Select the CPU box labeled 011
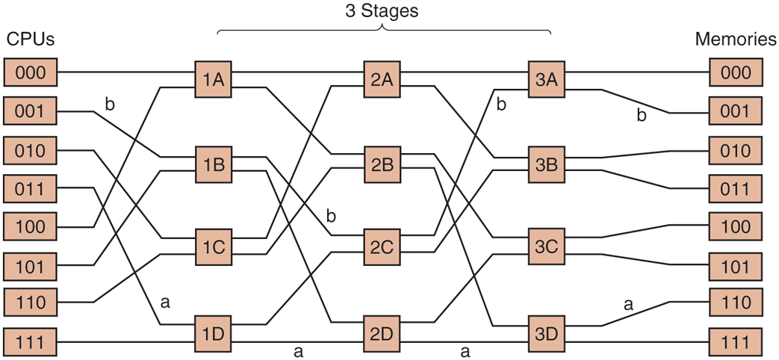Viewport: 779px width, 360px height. click(31, 188)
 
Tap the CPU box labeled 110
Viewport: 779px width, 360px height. click(31, 302)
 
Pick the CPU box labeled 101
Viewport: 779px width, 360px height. click(31, 264)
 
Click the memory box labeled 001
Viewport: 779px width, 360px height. click(736, 112)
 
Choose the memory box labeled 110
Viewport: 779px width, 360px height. click(736, 302)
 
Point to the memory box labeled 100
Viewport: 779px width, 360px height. click(736, 225)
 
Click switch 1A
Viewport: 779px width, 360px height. click(213, 80)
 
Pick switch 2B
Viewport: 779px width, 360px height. click(382, 164)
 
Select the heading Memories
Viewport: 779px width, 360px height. click(736, 40)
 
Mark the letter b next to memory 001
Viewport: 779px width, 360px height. click(641, 116)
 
